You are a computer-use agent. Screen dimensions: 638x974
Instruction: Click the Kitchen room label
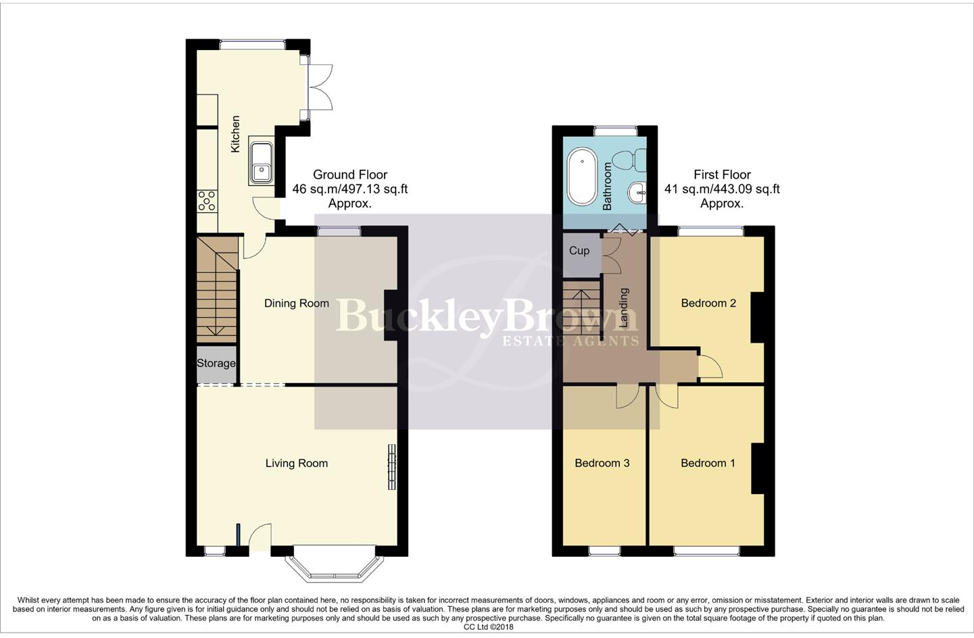click(235, 134)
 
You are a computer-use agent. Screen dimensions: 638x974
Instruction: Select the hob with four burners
click(208, 200)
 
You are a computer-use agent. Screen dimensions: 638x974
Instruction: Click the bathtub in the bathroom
click(581, 178)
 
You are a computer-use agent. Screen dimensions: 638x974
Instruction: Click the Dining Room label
click(296, 303)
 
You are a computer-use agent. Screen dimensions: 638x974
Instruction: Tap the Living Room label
click(296, 464)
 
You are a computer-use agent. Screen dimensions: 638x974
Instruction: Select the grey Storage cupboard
click(216, 364)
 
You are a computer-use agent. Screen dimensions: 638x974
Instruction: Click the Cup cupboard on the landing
click(579, 251)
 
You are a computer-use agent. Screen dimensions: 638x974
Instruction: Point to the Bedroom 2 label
click(708, 303)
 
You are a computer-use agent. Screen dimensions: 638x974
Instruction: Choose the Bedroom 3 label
click(602, 464)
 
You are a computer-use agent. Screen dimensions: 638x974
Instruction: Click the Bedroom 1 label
click(708, 464)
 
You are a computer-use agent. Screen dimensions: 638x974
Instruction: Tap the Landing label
click(623, 308)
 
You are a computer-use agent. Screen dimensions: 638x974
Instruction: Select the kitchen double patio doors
click(320, 87)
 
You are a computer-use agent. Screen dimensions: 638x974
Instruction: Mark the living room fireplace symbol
click(391, 466)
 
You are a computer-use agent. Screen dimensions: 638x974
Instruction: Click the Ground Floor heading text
click(349, 175)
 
